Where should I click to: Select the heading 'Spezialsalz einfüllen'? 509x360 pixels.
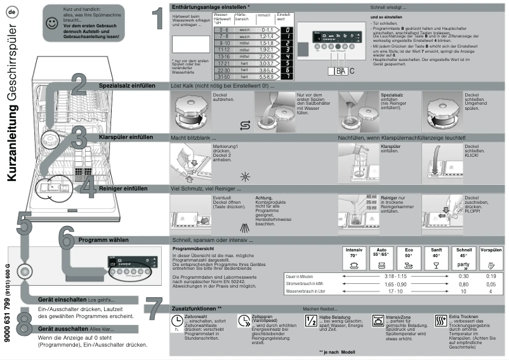tap(126, 85)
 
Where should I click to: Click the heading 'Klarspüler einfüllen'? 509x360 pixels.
tap(126, 137)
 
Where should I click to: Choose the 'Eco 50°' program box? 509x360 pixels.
tap(409, 258)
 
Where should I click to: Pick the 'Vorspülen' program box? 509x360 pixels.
tap(491, 258)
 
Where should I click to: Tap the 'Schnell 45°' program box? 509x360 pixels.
tap(463, 258)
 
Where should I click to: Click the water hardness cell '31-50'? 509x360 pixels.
tap(222, 76)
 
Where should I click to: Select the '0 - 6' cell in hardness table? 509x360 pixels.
tap(222, 30)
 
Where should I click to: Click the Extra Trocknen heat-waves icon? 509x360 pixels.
tap(441, 320)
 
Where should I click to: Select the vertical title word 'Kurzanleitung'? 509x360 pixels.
tap(12, 140)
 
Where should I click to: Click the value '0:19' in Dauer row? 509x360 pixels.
tap(490, 276)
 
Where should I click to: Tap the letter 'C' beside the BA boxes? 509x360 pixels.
tap(352, 71)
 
